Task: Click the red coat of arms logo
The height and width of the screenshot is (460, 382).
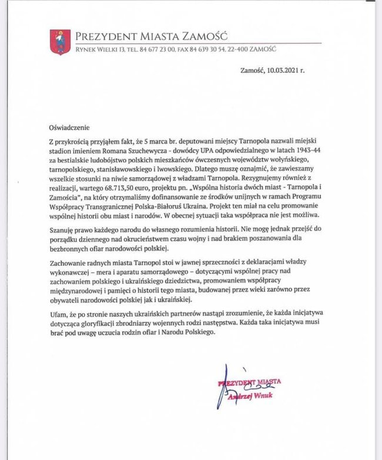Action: click(x=60, y=42)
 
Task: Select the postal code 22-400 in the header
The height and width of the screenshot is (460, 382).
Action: click(x=249, y=49)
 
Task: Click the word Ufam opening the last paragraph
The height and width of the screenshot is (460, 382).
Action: click(x=59, y=315)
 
